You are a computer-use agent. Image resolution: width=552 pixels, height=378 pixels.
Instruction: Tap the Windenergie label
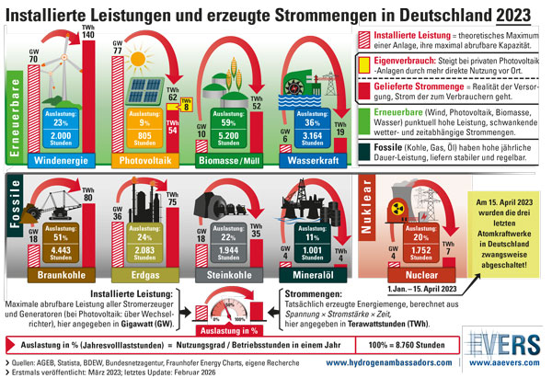click(x=63, y=161)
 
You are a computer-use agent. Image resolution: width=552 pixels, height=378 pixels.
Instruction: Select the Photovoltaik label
click(x=144, y=161)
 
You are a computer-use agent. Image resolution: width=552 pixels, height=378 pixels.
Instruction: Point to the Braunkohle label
click(x=60, y=274)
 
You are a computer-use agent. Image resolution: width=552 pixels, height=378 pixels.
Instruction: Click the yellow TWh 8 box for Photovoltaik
click(x=186, y=105)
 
